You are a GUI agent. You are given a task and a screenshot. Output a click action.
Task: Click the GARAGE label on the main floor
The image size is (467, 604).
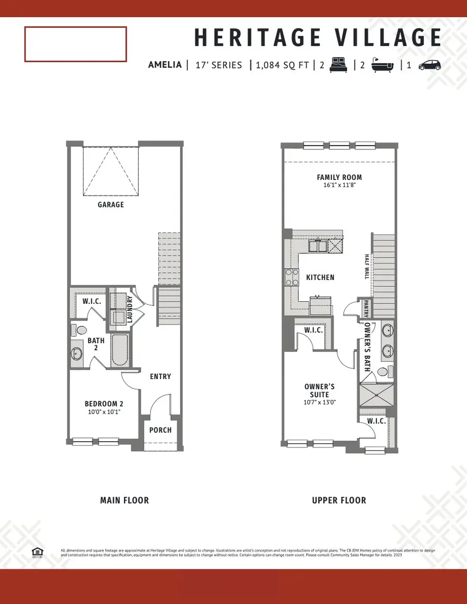tap(111, 205)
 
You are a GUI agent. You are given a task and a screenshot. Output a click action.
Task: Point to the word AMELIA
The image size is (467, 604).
tap(164, 65)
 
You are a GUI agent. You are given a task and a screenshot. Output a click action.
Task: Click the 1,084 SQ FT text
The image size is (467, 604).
tap(282, 65)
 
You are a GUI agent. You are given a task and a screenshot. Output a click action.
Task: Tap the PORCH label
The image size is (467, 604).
tap(160, 430)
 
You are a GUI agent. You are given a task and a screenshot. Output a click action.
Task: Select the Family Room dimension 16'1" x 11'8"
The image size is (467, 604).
tap(339, 185)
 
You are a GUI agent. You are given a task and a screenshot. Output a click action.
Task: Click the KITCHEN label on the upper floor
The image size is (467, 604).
tap(320, 277)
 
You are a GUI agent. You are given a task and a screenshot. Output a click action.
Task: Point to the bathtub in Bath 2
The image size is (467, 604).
tap(119, 350)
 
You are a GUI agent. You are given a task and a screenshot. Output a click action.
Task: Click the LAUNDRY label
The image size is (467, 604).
tap(130, 310)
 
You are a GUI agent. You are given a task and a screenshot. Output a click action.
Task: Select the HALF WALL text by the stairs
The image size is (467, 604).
tap(366, 266)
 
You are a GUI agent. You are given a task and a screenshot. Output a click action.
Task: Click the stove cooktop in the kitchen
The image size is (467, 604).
tap(292, 277)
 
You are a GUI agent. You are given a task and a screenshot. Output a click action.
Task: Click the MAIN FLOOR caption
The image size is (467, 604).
tap(124, 500)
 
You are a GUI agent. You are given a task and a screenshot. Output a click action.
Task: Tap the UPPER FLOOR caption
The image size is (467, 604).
tap(339, 500)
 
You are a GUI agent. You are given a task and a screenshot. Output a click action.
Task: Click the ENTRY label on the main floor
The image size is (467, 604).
tap(160, 376)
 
